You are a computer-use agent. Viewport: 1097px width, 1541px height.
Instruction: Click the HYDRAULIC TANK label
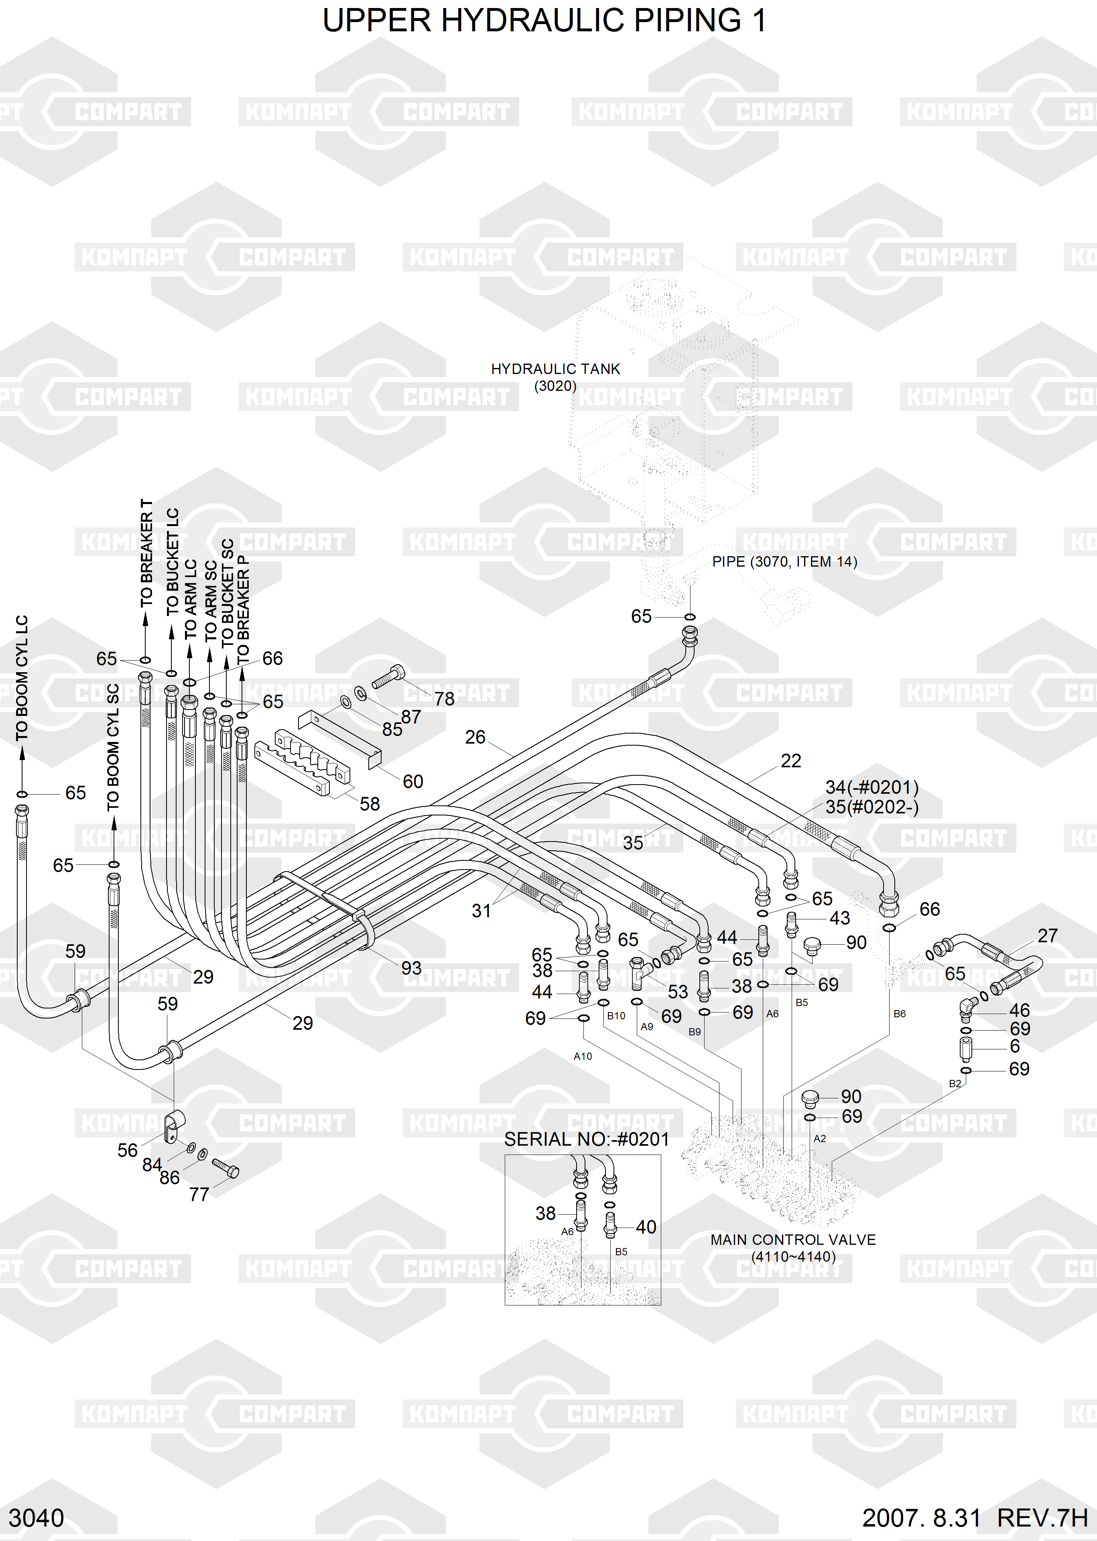tap(555, 369)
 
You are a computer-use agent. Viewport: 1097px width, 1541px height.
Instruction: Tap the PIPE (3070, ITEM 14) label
tap(784, 561)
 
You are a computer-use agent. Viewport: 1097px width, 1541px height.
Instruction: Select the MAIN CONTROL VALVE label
tap(793, 1240)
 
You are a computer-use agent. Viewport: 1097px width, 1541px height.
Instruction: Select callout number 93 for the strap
tap(411, 968)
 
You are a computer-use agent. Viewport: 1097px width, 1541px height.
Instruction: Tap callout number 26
tap(475, 737)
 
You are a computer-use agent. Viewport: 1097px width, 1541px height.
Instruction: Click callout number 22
tap(791, 761)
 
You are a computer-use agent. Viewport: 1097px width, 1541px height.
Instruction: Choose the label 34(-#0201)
tap(872, 787)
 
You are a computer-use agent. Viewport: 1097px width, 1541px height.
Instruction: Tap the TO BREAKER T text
tap(146, 553)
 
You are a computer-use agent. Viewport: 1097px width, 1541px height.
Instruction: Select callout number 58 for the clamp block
tap(370, 804)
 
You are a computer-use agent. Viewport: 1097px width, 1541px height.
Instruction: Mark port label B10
tap(616, 1015)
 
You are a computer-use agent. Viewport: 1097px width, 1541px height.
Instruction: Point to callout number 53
tap(678, 992)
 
